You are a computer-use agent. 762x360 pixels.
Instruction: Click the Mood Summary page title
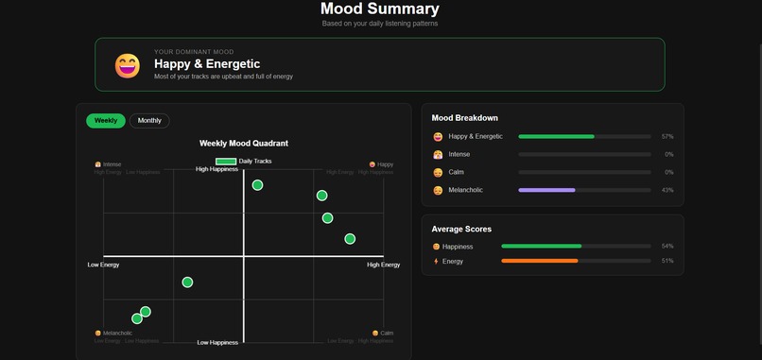point(379,9)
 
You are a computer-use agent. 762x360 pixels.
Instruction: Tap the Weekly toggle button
point(106,121)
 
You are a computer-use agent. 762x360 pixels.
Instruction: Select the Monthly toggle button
point(149,121)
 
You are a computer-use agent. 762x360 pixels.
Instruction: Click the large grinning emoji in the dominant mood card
point(128,65)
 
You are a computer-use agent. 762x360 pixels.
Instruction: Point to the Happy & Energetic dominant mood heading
point(207,64)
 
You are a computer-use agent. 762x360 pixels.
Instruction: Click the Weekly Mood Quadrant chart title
point(244,144)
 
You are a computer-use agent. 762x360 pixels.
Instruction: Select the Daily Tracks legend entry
point(244,162)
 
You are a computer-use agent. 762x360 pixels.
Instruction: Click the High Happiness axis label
point(217,170)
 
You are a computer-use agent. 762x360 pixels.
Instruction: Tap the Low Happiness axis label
point(217,342)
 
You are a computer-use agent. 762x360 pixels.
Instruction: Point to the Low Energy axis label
point(103,265)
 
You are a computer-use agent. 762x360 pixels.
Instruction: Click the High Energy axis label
point(383,265)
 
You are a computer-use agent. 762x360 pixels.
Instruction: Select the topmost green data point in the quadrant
point(257,185)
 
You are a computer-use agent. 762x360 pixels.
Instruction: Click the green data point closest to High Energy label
point(350,239)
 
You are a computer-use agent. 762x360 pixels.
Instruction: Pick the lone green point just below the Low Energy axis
point(187,283)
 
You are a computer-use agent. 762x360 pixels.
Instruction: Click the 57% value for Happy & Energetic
point(667,137)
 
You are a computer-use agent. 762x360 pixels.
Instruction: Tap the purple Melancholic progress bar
point(546,190)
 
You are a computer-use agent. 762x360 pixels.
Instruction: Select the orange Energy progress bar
point(539,261)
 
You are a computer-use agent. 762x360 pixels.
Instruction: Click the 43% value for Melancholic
point(667,190)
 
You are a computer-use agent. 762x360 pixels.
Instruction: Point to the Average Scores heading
point(461,229)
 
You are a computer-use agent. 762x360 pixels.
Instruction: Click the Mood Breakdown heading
point(464,118)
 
